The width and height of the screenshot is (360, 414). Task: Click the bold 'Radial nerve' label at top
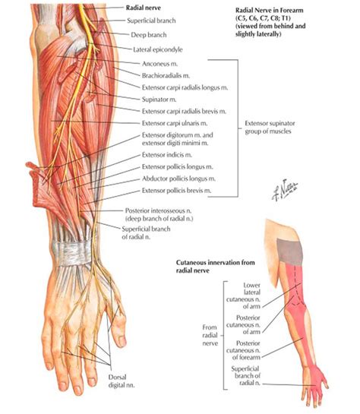tap(143, 8)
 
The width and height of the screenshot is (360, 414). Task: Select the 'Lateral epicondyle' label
tap(157, 49)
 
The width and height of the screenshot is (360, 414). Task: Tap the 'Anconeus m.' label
tap(159, 64)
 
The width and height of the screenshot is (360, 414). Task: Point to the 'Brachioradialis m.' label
tap(166, 75)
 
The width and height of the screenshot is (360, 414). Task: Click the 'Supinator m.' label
tap(159, 100)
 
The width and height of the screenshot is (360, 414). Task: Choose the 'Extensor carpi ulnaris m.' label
tap(175, 123)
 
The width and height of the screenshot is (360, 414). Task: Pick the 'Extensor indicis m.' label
tap(167, 155)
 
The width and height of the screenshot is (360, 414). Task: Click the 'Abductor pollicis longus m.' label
tap(178, 179)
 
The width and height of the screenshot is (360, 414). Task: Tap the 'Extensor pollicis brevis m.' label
tap(176, 191)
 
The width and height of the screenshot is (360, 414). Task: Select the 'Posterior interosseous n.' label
tap(159, 210)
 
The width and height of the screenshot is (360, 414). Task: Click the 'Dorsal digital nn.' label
tap(122, 381)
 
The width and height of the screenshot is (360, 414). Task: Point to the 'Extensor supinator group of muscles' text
tap(270, 128)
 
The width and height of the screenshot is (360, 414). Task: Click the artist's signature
tap(285, 190)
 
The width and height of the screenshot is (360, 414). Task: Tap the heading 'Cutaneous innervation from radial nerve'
tap(216, 267)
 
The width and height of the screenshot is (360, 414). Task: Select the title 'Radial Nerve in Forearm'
tap(269, 11)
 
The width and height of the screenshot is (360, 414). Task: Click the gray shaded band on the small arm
tap(290, 251)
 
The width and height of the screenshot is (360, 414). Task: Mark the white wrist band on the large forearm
tap(73, 251)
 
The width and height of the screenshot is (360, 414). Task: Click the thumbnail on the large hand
tap(122, 341)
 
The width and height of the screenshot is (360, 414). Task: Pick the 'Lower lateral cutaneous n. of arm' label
tap(243, 295)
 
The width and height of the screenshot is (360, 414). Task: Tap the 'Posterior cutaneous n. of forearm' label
tap(243, 350)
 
